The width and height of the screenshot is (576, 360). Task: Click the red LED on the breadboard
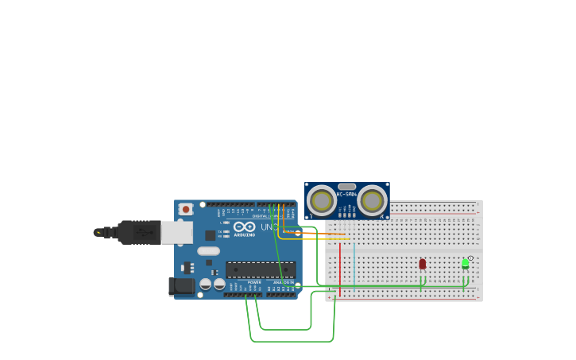[422, 264]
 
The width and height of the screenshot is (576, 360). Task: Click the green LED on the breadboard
[466, 264]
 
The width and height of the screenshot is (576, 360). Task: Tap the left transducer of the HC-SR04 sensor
[322, 200]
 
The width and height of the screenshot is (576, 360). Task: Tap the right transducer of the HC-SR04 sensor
[372, 200]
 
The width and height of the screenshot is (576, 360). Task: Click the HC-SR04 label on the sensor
[346, 195]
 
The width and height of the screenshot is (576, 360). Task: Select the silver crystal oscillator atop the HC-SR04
[346, 186]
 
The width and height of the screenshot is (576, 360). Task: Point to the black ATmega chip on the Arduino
[260, 269]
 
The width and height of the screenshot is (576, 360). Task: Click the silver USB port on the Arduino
[176, 232]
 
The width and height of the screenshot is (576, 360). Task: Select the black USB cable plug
[139, 232]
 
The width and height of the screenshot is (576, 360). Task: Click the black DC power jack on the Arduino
[181, 285]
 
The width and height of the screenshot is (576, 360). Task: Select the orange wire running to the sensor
[318, 233]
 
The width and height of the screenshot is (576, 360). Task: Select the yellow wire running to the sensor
[318, 238]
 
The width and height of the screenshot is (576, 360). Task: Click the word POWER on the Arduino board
[254, 282]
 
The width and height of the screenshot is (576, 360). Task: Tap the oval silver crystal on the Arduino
[208, 251]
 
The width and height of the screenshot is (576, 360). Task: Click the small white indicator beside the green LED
[470, 258]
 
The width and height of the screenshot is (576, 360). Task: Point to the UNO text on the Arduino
[269, 227]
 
